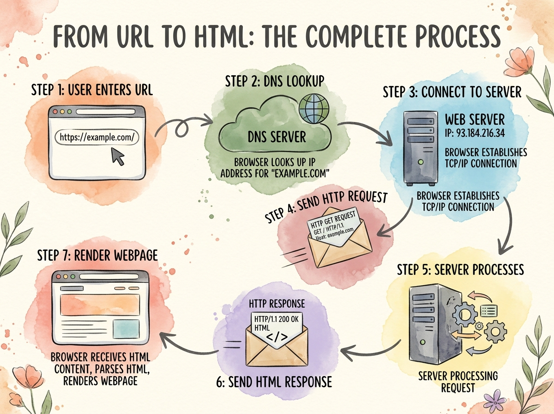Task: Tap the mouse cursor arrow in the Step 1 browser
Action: tap(118, 157)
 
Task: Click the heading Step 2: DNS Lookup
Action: tap(275, 81)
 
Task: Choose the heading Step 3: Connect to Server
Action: tap(452, 92)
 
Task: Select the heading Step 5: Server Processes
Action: tap(460, 269)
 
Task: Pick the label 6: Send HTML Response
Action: tap(274, 382)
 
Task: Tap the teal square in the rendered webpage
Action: tap(126, 329)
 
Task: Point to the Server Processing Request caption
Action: tap(458, 382)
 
